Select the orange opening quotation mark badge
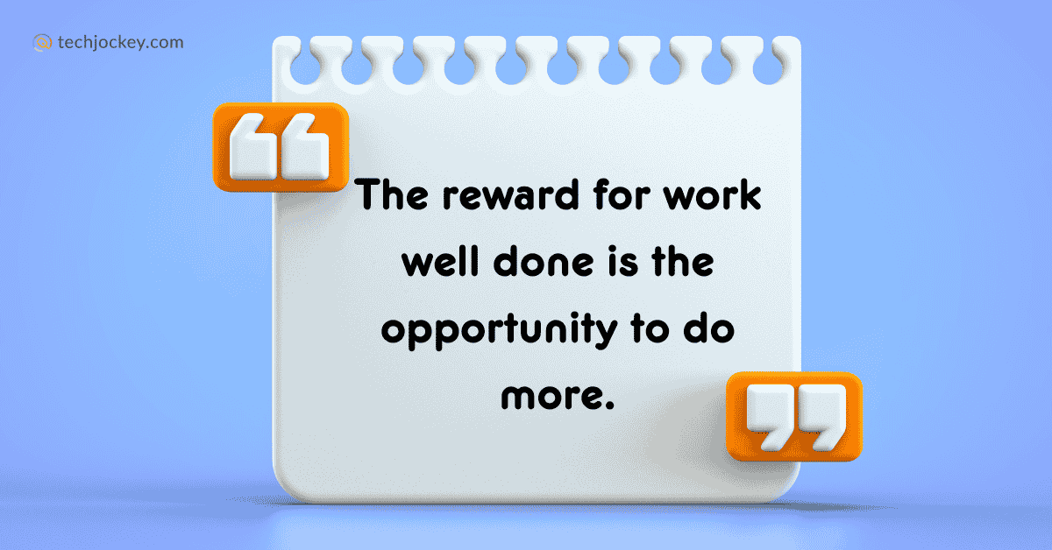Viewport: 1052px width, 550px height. [281, 147]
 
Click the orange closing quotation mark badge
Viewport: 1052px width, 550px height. [794, 416]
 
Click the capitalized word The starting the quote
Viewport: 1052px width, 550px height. [392, 197]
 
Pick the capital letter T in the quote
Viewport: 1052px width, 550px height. [370, 197]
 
